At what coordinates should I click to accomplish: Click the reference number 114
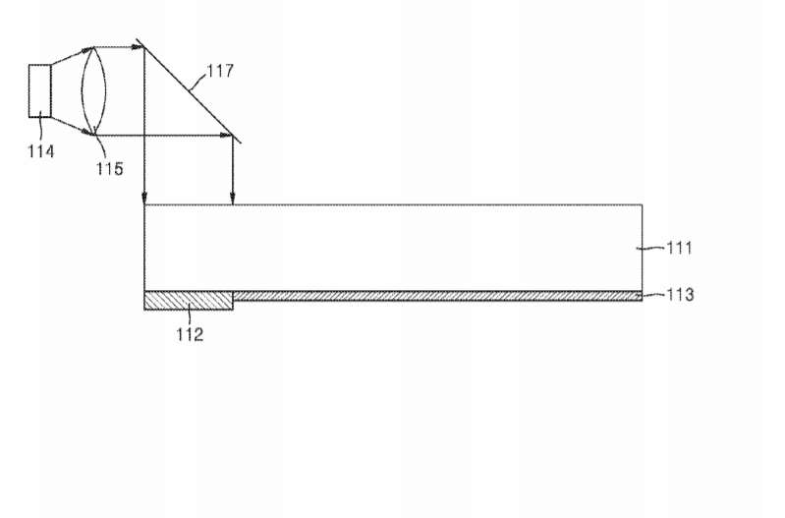tap(40, 151)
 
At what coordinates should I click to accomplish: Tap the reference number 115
tap(110, 169)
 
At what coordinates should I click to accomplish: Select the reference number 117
tap(220, 71)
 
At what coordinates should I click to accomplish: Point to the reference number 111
tap(679, 248)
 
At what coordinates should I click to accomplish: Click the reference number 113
tap(681, 295)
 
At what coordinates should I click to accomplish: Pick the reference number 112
tap(190, 334)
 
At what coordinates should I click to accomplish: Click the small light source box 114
tap(40, 91)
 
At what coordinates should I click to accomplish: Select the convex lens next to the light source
tap(94, 91)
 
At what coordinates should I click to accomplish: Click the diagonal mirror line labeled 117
tap(189, 90)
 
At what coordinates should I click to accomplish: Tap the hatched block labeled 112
tap(189, 300)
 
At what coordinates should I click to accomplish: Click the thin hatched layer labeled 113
tap(437, 296)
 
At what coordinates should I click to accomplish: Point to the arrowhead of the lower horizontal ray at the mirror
tap(227, 136)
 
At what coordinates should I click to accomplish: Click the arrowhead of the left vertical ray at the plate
tap(144, 199)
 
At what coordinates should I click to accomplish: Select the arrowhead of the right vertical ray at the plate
tap(232, 199)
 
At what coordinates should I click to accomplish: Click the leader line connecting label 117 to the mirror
tap(197, 83)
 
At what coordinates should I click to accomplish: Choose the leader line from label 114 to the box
tap(40, 130)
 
